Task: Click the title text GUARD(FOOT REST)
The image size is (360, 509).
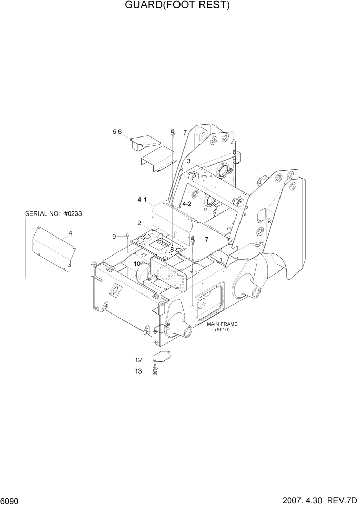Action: tap(169, 6)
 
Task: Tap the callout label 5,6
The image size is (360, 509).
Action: tap(117, 132)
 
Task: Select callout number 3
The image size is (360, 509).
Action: tap(188, 161)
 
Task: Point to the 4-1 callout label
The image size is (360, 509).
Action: tap(142, 199)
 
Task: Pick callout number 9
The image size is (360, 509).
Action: tap(115, 236)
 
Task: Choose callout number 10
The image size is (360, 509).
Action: tap(137, 264)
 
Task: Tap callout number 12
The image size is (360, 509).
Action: tap(138, 360)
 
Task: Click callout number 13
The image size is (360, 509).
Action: tap(138, 371)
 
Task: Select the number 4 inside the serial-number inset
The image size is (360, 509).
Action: tap(70, 233)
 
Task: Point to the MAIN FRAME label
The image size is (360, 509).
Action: tap(222, 324)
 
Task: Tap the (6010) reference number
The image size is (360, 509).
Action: tap(222, 330)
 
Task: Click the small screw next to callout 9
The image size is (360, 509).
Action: tap(127, 236)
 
